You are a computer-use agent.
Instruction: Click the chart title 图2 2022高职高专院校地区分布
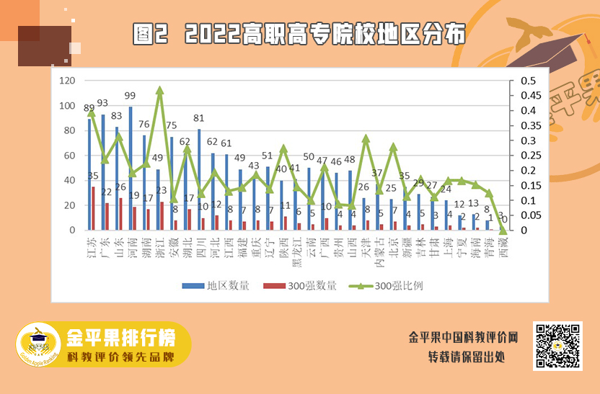pos(299,33)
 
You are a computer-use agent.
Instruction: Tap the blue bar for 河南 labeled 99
pos(131,168)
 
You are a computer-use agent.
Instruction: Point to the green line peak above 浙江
pos(159,90)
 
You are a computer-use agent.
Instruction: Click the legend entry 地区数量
pos(216,285)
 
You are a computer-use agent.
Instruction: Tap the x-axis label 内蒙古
pos(379,252)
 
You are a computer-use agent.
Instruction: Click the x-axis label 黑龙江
pos(297,252)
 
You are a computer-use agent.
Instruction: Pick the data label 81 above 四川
pos(198,118)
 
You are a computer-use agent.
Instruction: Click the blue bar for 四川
pos(199,179)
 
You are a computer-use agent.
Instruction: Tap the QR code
pos(557,346)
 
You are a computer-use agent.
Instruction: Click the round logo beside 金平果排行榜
pos(40,345)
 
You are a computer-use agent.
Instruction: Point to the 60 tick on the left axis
pos(71,156)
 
